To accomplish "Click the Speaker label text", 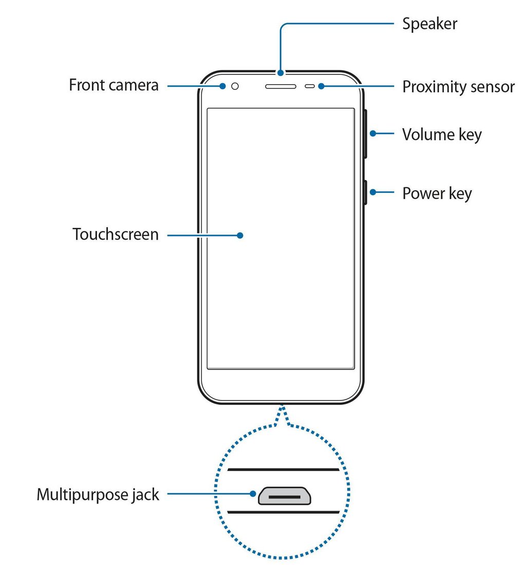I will [429, 24].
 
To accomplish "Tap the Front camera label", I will [114, 85].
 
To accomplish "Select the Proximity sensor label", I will [458, 86].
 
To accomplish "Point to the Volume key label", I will [442, 134].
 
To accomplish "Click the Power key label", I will [437, 193].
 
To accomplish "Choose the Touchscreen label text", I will [116, 235].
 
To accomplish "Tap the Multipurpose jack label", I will [98, 495].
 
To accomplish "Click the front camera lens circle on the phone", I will [235, 86].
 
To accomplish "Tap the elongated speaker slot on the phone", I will [280, 86].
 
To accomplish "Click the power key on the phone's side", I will [365, 192].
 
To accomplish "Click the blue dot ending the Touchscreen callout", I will [240, 235].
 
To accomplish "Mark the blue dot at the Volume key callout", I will [372, 134].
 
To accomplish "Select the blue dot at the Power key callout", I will [372, 193].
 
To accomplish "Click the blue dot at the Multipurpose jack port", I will [253, 495].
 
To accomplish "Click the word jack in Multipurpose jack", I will [144, 495].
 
